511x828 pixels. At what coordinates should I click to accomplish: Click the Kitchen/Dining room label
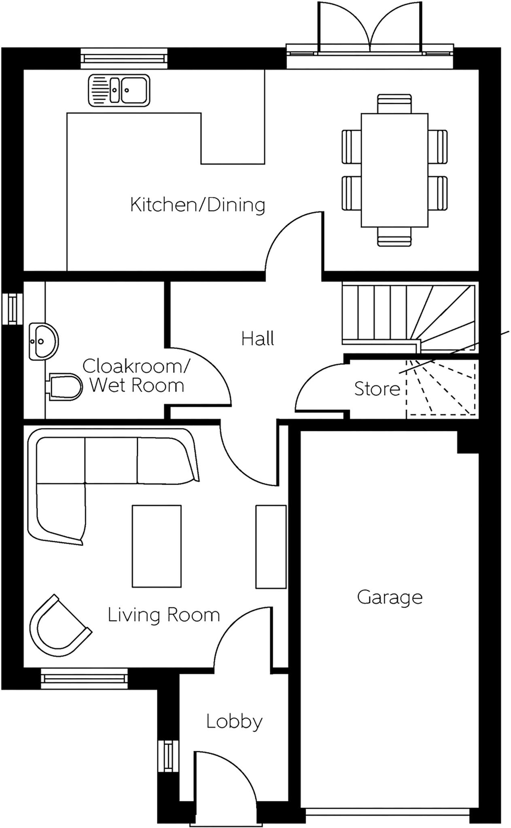point(197,205)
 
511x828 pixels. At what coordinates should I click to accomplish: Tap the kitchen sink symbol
point(119,90)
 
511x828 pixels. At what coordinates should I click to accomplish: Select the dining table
point(394,170)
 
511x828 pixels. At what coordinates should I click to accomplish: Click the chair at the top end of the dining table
point(394,103)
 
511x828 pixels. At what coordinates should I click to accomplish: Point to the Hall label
point(258,338)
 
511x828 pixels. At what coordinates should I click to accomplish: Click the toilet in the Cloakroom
point(65,387)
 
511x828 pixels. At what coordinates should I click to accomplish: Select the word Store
point(377,389)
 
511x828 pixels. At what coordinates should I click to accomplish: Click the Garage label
point(390,597)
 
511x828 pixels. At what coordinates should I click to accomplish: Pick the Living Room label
point(164,615)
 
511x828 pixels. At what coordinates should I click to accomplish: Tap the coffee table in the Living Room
point(157,546)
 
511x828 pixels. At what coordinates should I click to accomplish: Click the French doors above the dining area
point(370,28)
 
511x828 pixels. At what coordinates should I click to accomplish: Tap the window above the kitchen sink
point(124,58)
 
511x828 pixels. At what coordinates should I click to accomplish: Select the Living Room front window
point(84,678)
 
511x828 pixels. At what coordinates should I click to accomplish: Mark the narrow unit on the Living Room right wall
point(271,547)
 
